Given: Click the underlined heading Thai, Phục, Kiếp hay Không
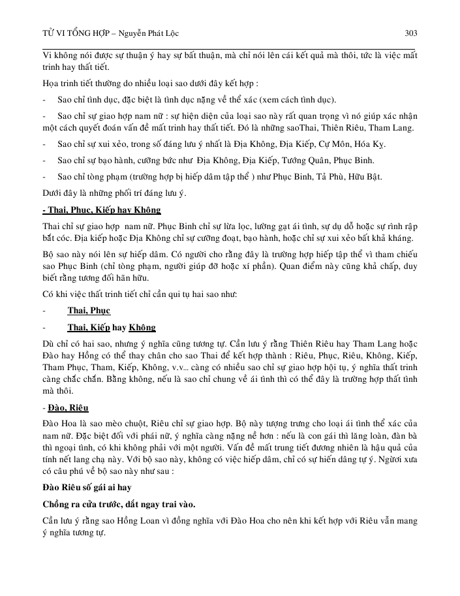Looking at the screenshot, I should (101, 210).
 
